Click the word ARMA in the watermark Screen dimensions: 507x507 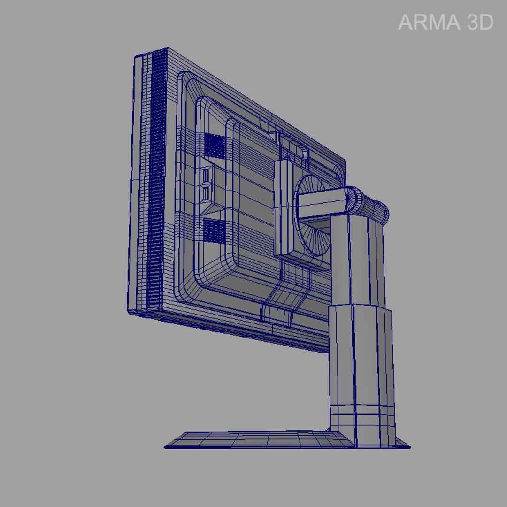pos(424,23)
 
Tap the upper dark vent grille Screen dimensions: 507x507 pos(215,145)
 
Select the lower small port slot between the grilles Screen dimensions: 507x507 pos(206,192)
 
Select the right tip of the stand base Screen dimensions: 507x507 pos(409,447)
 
